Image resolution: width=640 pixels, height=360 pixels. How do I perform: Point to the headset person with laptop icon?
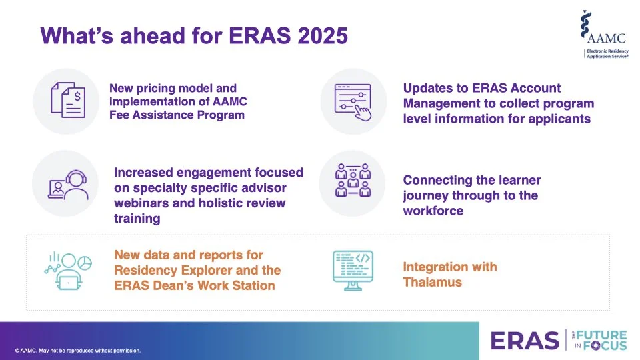click(65, 183)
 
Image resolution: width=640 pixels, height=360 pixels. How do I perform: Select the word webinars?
click(142, 203)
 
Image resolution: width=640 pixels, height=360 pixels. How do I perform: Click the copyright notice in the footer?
click(77, 351)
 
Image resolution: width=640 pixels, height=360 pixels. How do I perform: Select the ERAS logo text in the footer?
click(525, 341)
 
